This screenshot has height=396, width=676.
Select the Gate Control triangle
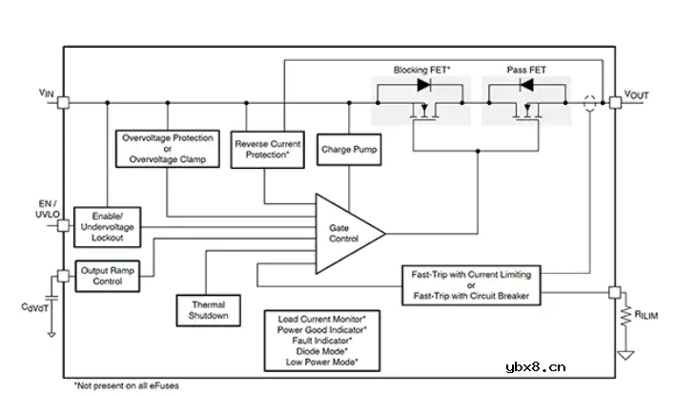(x=343, y=231)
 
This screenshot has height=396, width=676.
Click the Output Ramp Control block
(x=108, y=276)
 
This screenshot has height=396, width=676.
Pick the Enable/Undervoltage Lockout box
(x=108, y=225)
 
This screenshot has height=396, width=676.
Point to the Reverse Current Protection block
(x=268, y=149)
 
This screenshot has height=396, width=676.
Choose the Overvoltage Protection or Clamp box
(x=168, y=149)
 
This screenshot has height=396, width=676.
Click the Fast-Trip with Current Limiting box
(x=471, y=285)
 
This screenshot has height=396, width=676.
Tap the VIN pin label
(x=46, y=93)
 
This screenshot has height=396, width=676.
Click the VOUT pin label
(x=636, y=95)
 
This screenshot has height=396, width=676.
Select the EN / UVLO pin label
(x=45, y=209)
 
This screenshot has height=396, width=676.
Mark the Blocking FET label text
(x=422, y=70)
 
